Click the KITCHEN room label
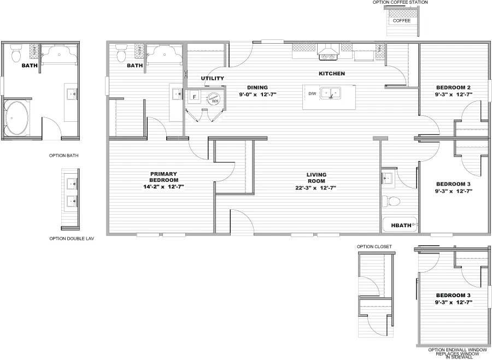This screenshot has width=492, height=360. click(x=332, y=73)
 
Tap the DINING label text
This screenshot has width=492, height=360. click(x=257, y=87)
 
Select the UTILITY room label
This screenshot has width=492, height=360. click(x=212, y=78)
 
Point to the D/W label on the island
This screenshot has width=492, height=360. click(x=312, y=94)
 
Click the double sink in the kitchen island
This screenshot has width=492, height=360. click(x=331, y=93)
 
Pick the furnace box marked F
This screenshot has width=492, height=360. click(x=194, y=97)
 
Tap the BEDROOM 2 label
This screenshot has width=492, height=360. click(x=453, y=87)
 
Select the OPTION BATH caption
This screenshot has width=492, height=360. click(x=64, y=156)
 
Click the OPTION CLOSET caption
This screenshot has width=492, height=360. click(x=374, y=246)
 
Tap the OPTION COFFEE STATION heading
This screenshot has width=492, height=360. click(x=400, y=3)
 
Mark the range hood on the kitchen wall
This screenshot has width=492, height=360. click(x=327, y=53)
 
